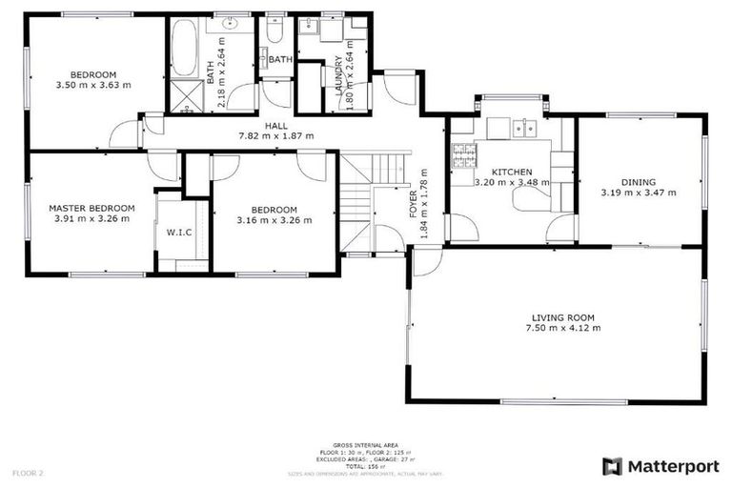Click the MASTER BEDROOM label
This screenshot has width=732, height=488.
coord(91,208)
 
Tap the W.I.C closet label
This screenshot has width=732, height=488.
coord(181,231)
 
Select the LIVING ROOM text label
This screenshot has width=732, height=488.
coord(562,317)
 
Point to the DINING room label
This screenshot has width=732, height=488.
coord(639,181)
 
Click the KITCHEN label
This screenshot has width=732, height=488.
coord(510,173)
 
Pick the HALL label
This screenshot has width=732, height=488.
coord(275,125)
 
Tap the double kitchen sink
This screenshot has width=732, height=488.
coord(525,127)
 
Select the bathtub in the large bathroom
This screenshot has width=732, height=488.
coord(183,48)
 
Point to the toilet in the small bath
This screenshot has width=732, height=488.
coord(274,33)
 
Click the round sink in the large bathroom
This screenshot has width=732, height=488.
coord(231,23)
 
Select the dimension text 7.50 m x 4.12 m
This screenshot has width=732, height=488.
coord(562,329)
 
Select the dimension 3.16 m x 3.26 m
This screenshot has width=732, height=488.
coord(274,221)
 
